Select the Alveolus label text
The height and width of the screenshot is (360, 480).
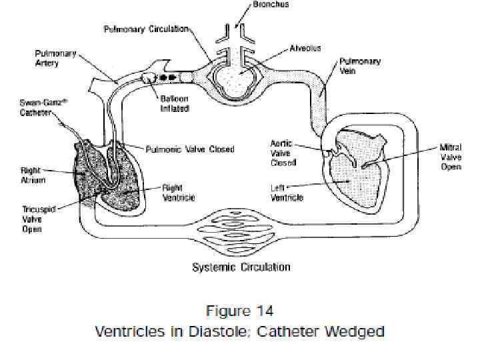306,49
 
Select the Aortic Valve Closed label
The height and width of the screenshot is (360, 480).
284,153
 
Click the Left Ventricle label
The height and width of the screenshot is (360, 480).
287,193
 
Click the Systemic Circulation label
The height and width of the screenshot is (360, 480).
241,267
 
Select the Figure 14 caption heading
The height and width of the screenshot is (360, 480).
239,311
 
